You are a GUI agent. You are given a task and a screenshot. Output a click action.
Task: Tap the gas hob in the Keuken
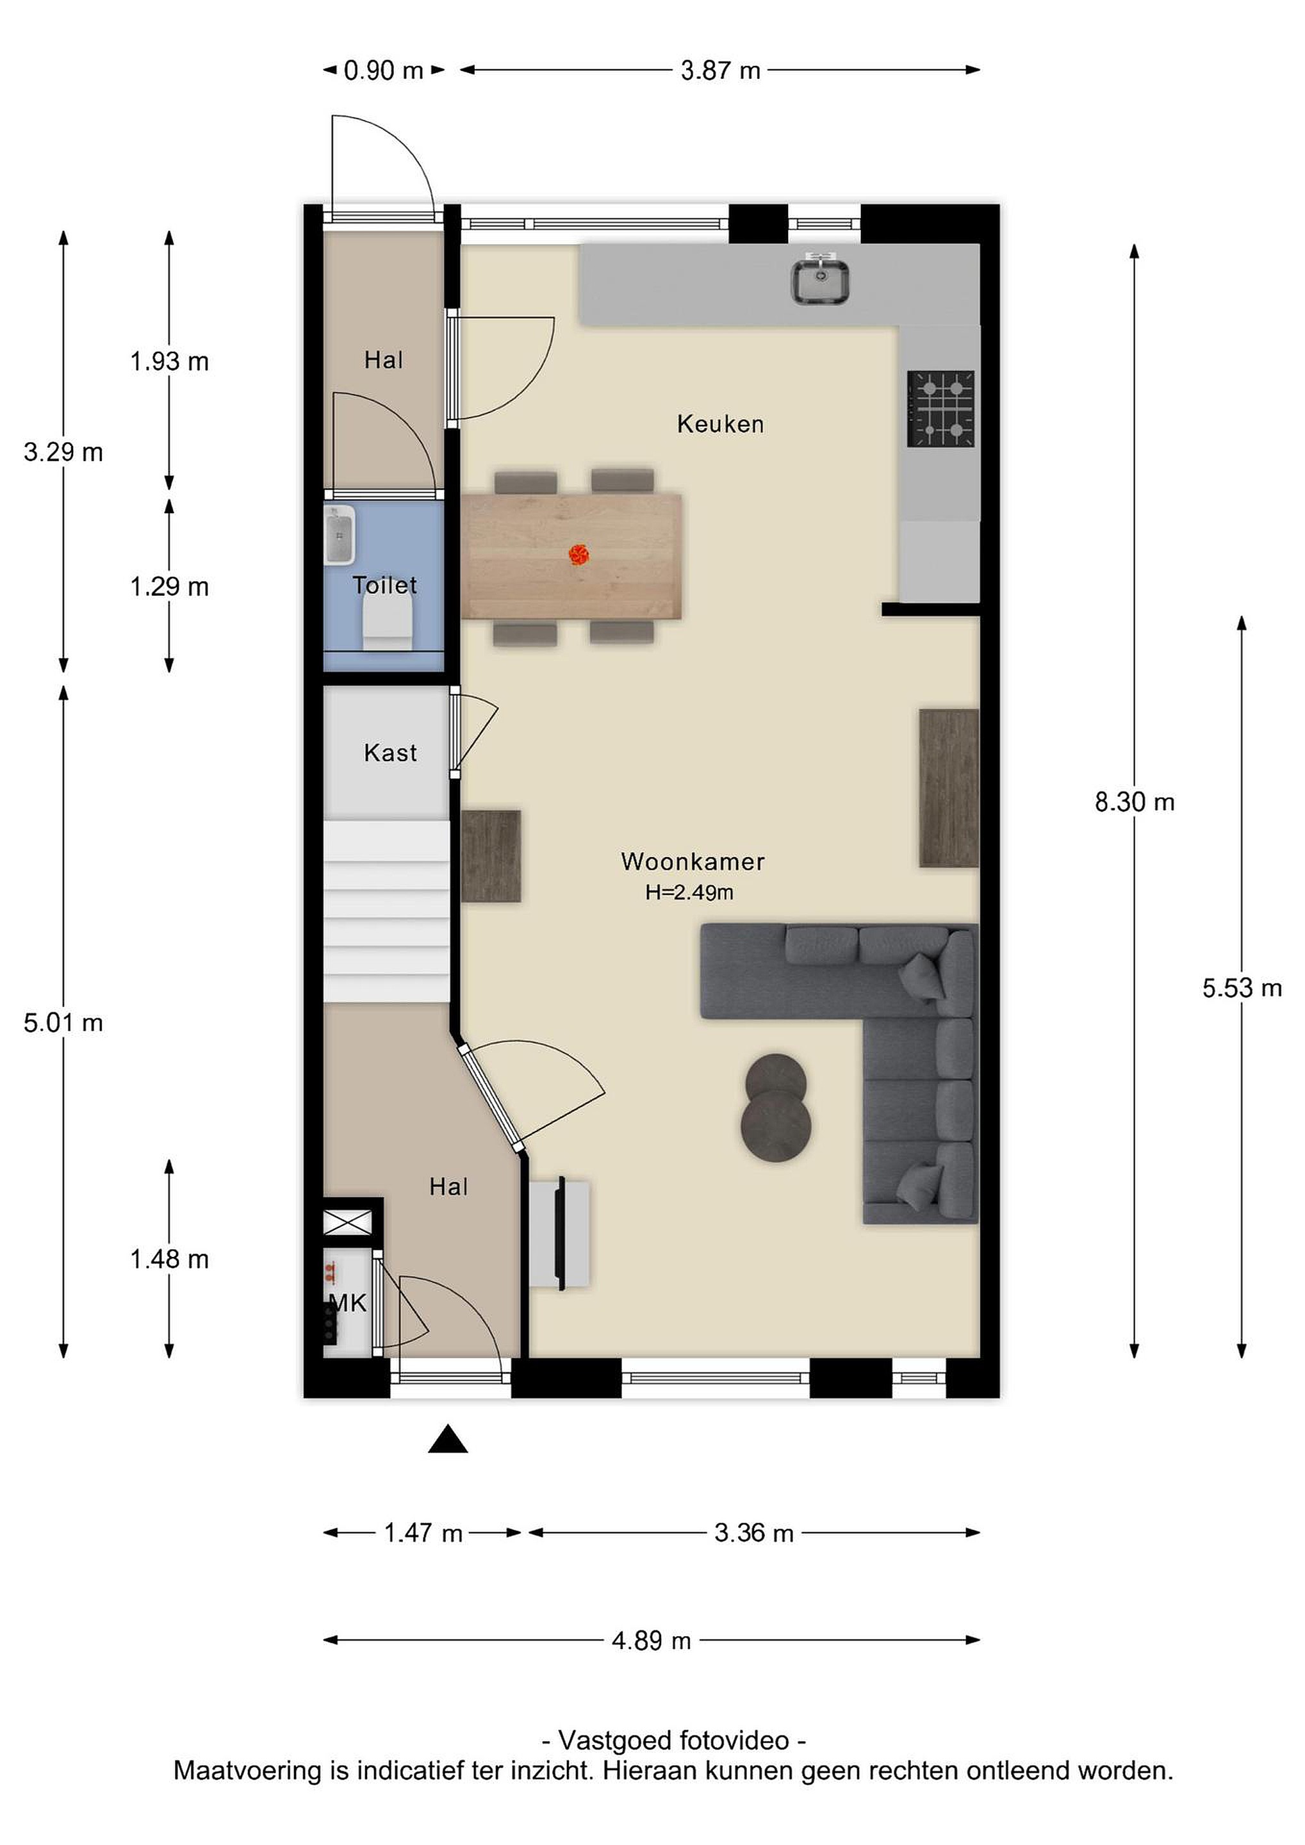941,408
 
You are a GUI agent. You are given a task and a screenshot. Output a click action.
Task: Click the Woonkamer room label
693,862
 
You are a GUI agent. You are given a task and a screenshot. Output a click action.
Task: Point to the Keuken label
721,424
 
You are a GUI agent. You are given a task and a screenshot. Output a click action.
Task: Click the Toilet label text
385,586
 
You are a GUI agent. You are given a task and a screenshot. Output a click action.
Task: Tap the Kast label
391,753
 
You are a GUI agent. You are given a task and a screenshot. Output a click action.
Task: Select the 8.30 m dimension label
1135,801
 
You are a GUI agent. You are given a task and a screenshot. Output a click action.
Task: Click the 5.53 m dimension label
1242,988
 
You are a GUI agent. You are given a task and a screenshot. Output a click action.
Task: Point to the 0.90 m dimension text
383,70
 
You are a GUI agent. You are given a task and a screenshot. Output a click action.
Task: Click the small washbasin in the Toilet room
340,534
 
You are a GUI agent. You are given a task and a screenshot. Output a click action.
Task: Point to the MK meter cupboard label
348,1302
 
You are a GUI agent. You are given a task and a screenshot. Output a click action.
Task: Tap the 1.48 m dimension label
170,1259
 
